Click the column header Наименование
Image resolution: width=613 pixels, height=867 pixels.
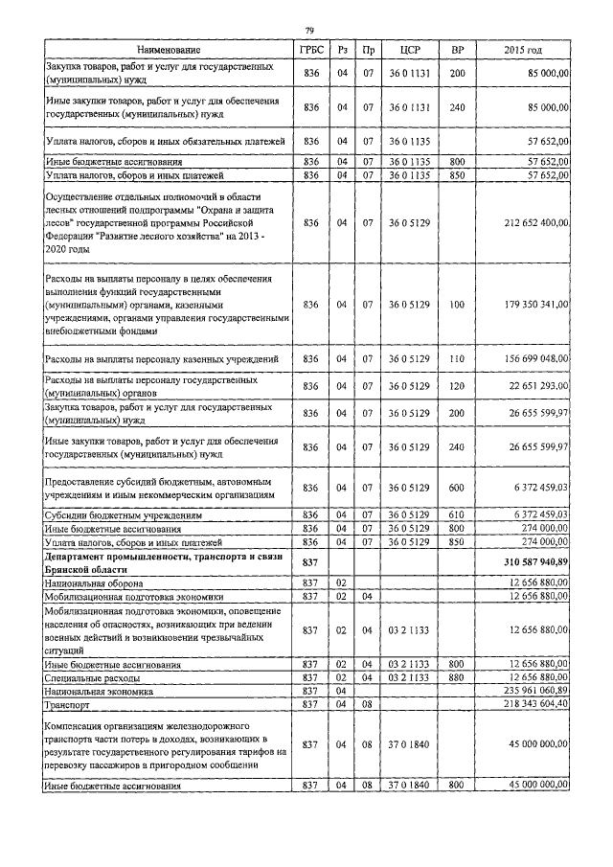point(169,49)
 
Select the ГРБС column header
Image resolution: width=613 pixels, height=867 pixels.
point(309,49)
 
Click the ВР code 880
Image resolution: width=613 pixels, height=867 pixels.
point(456,677)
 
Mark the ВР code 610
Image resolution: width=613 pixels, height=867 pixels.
point(456,514)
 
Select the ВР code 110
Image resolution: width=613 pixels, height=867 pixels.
point(456,358)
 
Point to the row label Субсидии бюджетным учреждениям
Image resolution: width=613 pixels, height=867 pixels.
point(125,514)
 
